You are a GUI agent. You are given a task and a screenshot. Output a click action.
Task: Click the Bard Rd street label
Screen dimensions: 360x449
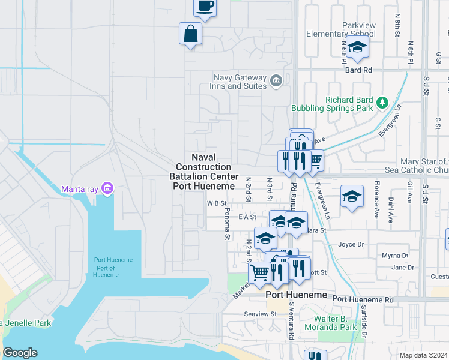click(x=358, y=70)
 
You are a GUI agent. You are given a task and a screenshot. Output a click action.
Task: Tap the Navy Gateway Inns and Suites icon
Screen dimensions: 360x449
click(x=276, y=80)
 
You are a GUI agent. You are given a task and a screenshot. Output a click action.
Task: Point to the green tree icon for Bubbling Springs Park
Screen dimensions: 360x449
click(x=382, y=104)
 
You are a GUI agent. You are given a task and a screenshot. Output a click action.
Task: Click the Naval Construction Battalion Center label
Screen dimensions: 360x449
click(x=203, y=171)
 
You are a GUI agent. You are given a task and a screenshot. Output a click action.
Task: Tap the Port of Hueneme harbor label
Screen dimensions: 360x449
click(x=106, y=268)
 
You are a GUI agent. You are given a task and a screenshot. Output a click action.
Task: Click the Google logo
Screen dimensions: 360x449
click(x=20, y=352)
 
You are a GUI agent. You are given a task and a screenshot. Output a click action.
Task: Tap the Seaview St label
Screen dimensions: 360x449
click(x=260, y=313)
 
